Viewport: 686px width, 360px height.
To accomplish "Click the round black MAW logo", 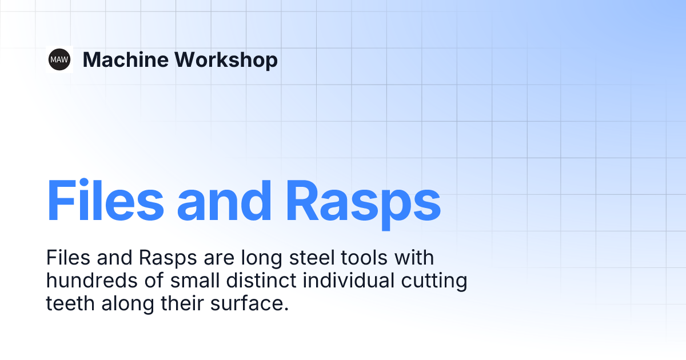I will click(x=59, y=59).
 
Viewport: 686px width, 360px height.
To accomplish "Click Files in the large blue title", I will click(x=105, y=201).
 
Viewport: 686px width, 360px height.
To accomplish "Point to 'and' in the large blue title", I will click(x=225, y=201).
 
